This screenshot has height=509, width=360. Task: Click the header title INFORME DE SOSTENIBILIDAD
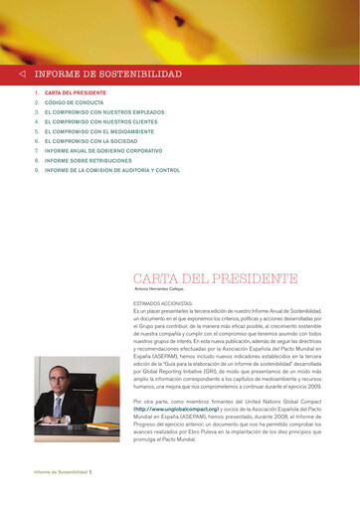coord(108,75)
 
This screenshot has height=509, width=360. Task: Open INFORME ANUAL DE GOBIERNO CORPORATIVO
coord(103,157)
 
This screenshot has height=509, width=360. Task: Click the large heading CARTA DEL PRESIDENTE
coord(215,278)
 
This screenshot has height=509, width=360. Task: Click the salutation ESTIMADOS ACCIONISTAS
coord(164,303)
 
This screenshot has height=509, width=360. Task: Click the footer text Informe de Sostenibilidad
coord(60,471)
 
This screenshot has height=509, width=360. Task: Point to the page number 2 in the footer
coord(90,471)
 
